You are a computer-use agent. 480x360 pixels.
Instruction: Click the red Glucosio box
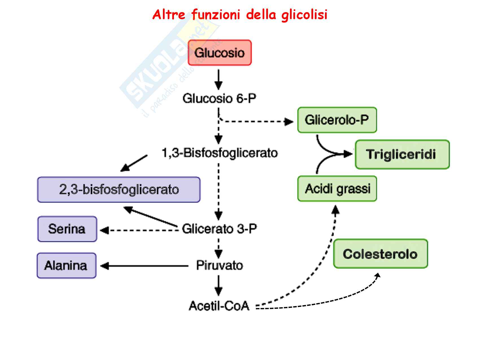coord(220,53)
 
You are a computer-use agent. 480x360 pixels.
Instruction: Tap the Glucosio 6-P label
coord(219,99)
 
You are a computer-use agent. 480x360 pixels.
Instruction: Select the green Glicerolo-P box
coord(337,120)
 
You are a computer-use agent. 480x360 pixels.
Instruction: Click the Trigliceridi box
coord(402,154)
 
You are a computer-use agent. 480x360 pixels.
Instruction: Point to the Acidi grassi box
coord(337,189)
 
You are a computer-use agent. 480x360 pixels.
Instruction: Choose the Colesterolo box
coord(380,254)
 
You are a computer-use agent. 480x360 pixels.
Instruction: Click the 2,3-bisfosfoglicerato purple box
coord(119,189)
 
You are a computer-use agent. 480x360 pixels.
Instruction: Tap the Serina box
coord(67,229)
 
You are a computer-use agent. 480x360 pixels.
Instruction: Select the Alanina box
coord(66,266)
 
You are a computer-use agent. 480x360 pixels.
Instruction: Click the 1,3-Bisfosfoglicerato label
coord(219,153)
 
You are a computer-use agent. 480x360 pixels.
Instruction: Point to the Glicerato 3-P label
coord(219,229)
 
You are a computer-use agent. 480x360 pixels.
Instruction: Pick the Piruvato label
coord(219,265)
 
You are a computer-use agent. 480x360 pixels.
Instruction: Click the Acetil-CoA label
coord(219,306)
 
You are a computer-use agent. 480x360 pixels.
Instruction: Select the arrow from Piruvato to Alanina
coord(144,266)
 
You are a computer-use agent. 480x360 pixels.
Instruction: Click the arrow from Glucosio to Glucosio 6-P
coord(219,80)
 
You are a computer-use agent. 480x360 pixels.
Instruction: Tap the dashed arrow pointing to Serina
coord(140,230)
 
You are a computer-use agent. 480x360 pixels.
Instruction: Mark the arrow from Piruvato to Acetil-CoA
coord(219,285)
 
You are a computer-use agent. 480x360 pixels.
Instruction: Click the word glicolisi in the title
coord(304,15)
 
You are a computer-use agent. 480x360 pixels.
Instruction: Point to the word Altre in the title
coord(169,14)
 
